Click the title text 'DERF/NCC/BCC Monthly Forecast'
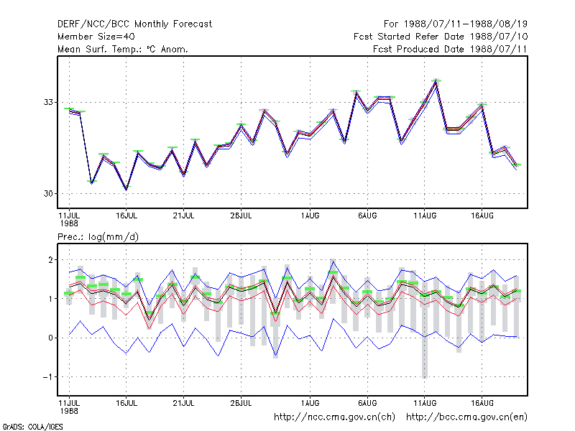coord(134,24)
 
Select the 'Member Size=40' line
coord(96,37)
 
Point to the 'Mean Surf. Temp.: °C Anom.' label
coord(122,49)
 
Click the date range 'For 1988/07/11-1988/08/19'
coord(456,24)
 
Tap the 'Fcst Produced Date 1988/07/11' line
coord(450,49)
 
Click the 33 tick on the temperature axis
coord(48,102)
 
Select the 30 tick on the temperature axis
coord(48,193)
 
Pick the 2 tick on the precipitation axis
coord(50,260)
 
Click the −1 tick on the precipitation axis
coord(47,376)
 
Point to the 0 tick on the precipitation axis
coord(50,338)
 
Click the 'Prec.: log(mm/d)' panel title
coord(98,237)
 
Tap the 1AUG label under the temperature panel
coord(310,216)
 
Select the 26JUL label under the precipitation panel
coord(241,403)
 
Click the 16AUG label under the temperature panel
coord(482,216)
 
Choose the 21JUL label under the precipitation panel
coord(183,403)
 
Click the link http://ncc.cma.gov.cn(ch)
coord(334,417)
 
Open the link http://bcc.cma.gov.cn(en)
coord(466,417)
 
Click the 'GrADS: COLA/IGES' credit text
coord(33,427)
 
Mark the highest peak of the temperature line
coord(436,81)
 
